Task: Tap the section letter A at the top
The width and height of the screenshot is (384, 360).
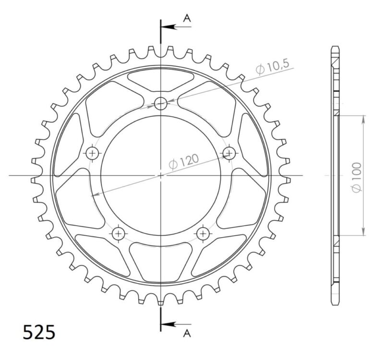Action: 188,18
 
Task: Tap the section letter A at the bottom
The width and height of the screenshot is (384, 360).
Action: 188,332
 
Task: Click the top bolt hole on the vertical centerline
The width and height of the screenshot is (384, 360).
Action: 161,103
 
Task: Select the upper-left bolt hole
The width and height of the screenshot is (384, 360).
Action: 92,153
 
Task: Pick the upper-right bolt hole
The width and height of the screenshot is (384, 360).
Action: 229,153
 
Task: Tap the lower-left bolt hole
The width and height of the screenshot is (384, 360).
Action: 118,234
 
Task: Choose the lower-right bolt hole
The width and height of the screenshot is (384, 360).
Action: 203,234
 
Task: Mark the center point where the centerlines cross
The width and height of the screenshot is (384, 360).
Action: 161,176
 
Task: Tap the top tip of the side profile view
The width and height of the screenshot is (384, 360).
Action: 336,47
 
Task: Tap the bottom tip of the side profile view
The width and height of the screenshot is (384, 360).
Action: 336,303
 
